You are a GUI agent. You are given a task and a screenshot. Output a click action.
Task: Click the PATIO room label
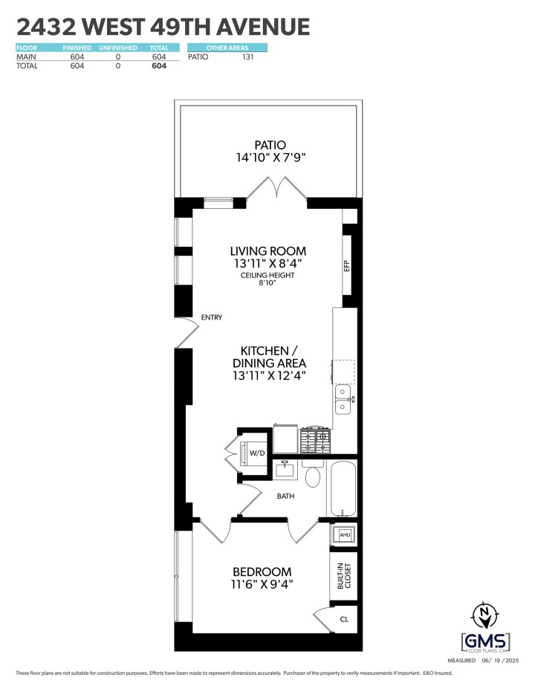[x=270, y=145]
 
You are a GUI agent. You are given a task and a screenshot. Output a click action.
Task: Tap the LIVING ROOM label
[x=268, y=250]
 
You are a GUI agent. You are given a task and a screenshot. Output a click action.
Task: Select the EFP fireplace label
[x=346, y=266]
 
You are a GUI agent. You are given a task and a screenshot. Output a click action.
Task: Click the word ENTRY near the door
[x=212, y=317]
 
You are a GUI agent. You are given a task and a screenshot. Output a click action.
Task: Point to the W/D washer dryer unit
[x=256, y=453]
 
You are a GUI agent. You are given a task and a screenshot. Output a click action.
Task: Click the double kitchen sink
[x=343, y=398]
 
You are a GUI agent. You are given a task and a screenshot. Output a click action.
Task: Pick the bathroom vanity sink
[x=285, y=469]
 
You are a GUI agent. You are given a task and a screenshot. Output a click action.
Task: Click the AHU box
[x=344, y=534]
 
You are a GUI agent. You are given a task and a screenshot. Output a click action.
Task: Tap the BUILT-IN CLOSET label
[x=343, y=577]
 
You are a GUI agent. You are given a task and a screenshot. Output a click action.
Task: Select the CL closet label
[x=343, y=618]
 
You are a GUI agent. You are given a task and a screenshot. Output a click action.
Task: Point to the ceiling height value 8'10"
[x=267, y=283]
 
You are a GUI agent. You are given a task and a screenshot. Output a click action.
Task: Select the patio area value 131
[x=248, y=56]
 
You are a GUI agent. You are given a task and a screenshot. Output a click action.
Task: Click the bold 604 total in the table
[x=158, y=65]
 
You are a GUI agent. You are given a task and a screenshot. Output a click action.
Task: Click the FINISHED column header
[x=77, y=48]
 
